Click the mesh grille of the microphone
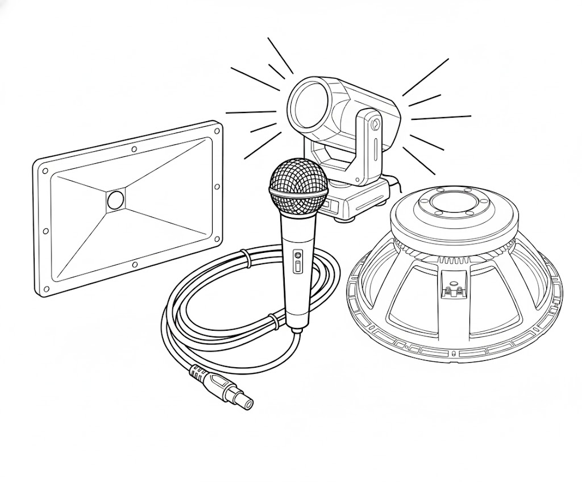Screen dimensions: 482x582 [298, 177]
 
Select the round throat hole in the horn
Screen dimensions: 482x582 [116, 199]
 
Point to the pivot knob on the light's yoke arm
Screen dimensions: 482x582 [375, 124]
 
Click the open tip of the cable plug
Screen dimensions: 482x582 [247, 403]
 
